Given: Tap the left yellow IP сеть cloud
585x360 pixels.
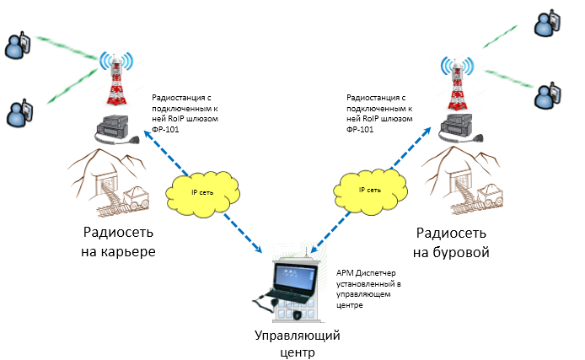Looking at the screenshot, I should coord(201,193).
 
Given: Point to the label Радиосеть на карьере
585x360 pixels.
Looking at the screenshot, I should coord(119,243).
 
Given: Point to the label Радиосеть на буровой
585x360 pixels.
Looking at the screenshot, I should coord(454,243).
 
